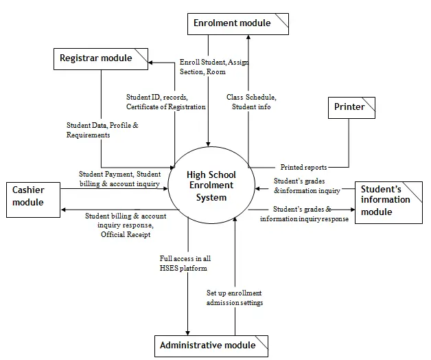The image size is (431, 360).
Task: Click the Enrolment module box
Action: (x=238, y=24)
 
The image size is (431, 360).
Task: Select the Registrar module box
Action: (x=101, y=59)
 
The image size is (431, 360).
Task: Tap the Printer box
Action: (x=351, y=108)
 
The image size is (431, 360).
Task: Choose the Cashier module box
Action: (x=33, y=200)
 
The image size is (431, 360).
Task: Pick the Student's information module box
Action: (x=388, y=202)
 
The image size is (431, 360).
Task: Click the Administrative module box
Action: (x=211, y=346)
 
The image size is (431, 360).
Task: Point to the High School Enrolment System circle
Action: (x=211, y=185)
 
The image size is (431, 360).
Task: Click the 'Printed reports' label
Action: (x=303, y=167)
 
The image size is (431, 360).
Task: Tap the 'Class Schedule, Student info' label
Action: (x=251, y=102)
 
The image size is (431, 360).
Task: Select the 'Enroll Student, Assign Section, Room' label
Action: (x=214, y=67)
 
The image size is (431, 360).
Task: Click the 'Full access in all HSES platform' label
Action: (x=185, y=263)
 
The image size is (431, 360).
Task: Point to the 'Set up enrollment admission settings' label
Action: (x=235, y=297)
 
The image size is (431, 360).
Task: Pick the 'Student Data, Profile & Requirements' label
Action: (x=102, y=130)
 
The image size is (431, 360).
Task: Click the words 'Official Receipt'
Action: (x=126, y=234)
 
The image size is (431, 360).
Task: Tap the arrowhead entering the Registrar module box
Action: (x=150, y=63)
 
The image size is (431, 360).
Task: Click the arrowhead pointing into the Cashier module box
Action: (x=63, y=210)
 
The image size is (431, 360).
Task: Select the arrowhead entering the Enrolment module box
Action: (x=248, y=37)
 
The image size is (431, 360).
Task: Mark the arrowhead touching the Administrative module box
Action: (x=188, y=333)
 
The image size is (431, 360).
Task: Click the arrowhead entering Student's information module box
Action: (x=353, y=210)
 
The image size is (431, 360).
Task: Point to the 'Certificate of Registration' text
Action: (x=166, y=106)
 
